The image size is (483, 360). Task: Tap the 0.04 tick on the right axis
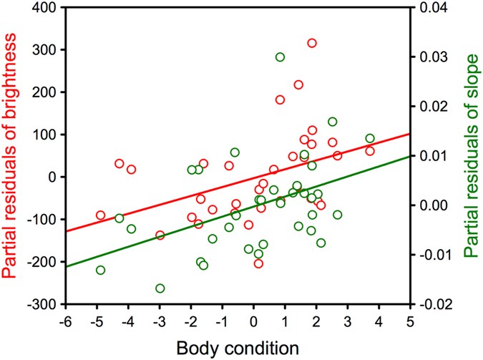pyautogui.click(x=434, y=8)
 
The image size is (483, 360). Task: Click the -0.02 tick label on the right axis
pyautogui.click(x=434, y=304)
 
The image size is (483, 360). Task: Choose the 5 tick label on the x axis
pyautogui.click(x=409, y=320)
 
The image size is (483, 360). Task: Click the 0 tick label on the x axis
pyautogui.click(x=253, y=320)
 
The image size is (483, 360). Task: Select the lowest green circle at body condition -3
pyautogui.click(x=160, y=288)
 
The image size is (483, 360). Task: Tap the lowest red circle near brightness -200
pyautogui.click(x=258, y=263)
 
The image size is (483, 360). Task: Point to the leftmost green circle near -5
pyautogui.click(x=101, y=270)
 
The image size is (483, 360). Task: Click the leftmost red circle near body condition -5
pyautogui.click(x=101, y=215)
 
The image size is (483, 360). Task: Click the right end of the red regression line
pyautogui.click(x=409, y=133)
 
